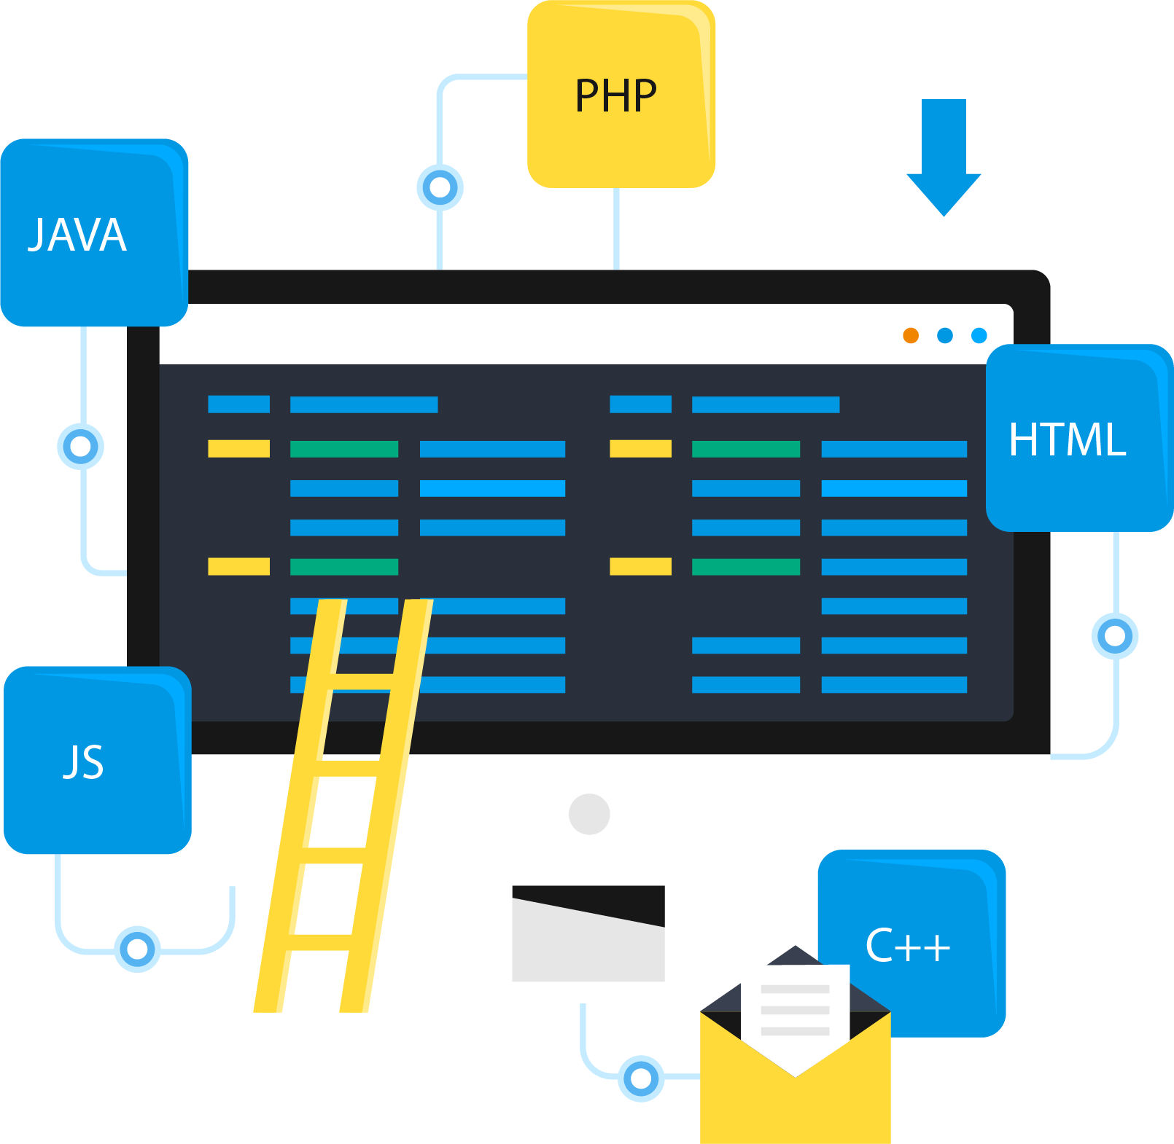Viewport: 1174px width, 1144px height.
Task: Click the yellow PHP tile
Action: (620, 95)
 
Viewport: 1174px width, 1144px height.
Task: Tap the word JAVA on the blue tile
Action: (77, 235)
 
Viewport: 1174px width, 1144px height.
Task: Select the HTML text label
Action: (1067, 439)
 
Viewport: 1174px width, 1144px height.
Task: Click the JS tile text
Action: (84, 761)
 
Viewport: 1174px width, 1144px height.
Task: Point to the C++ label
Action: (908, 946)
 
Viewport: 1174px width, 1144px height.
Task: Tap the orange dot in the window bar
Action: (911, 335)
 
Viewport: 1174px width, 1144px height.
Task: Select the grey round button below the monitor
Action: (589, 814)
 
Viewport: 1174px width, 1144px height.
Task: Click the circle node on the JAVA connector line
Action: (81, 446)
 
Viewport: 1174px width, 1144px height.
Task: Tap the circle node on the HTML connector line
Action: (1115, 636)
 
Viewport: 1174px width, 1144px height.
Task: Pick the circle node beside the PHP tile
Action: (440, 187)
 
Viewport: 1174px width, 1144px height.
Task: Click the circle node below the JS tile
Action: (137, 949)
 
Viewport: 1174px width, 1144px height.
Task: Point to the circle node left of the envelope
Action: (641, 1078)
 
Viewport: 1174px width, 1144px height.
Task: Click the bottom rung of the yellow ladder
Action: (319, 942)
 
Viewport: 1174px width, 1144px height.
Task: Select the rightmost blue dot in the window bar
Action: (979, 335)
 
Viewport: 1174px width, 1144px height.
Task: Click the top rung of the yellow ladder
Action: (362, 681)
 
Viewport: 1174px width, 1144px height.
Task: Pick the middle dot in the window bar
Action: (945, 335)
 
